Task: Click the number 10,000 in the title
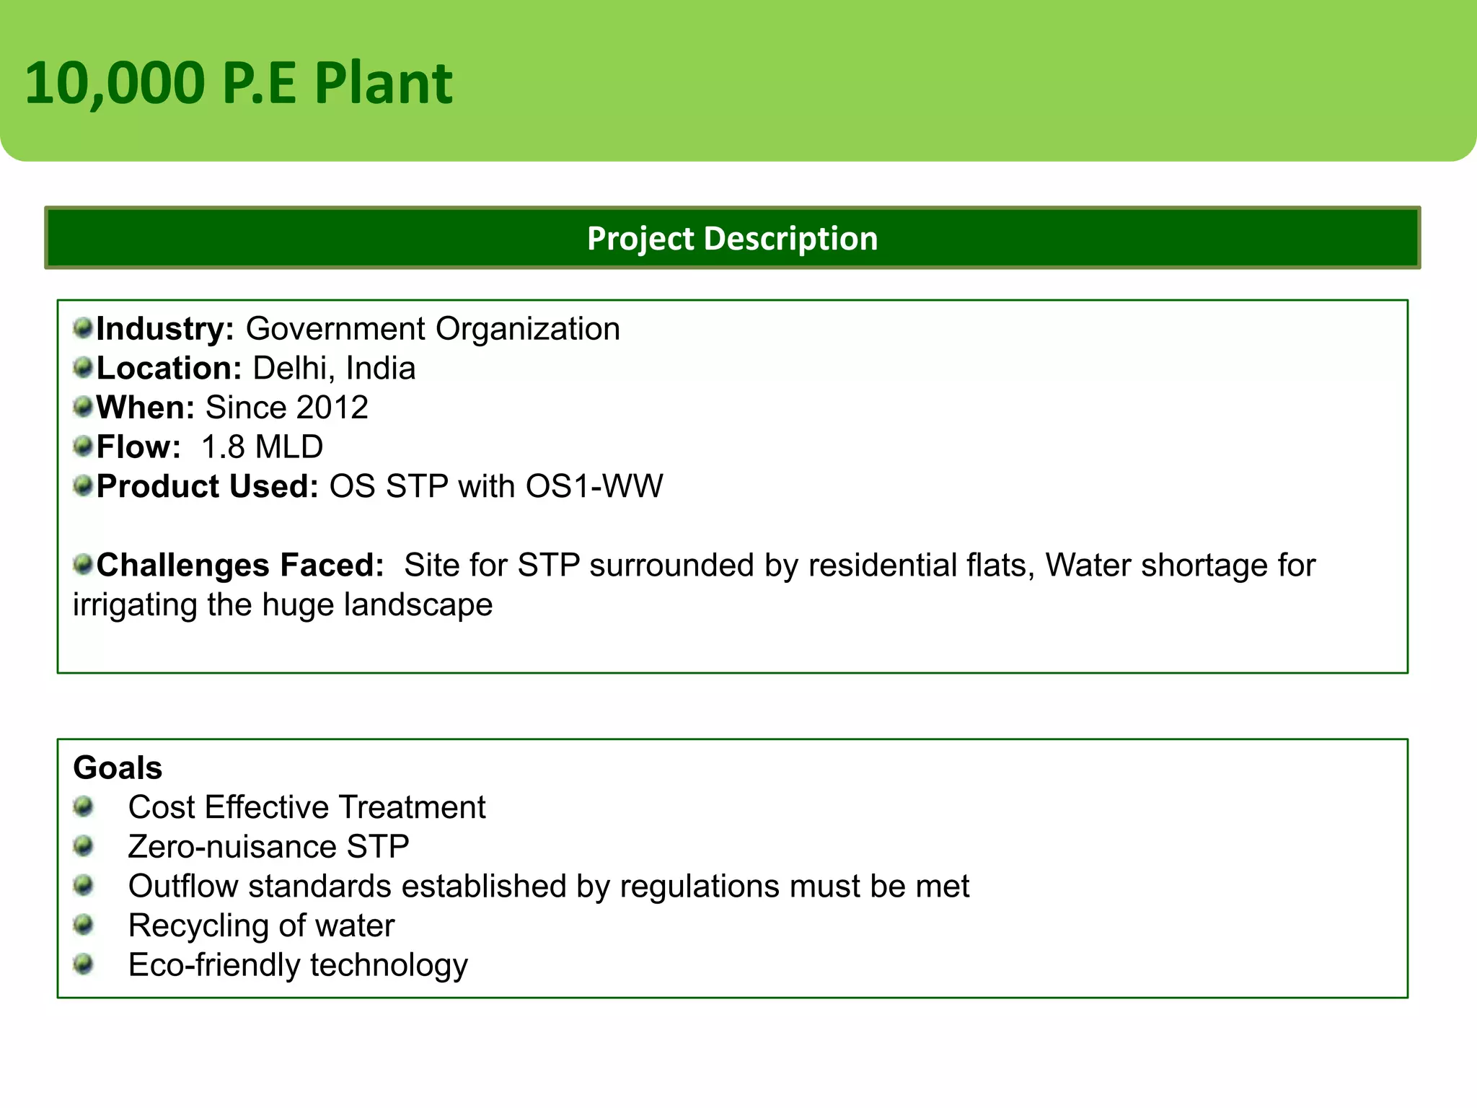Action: click(115, 84)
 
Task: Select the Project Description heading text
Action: click(732, 239)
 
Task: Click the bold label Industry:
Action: click(165, 329)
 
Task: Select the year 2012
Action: click(332, 408)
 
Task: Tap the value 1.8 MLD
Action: click(262, 447)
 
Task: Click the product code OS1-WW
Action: click(594, 486)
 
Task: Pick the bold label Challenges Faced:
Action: click(240, 566)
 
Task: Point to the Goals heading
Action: click(118, 768)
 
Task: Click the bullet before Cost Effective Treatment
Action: click(84, 806)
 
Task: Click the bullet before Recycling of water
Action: click(84, 924)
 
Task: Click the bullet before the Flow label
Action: click(84, 446)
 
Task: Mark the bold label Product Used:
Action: click(208, 486)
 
